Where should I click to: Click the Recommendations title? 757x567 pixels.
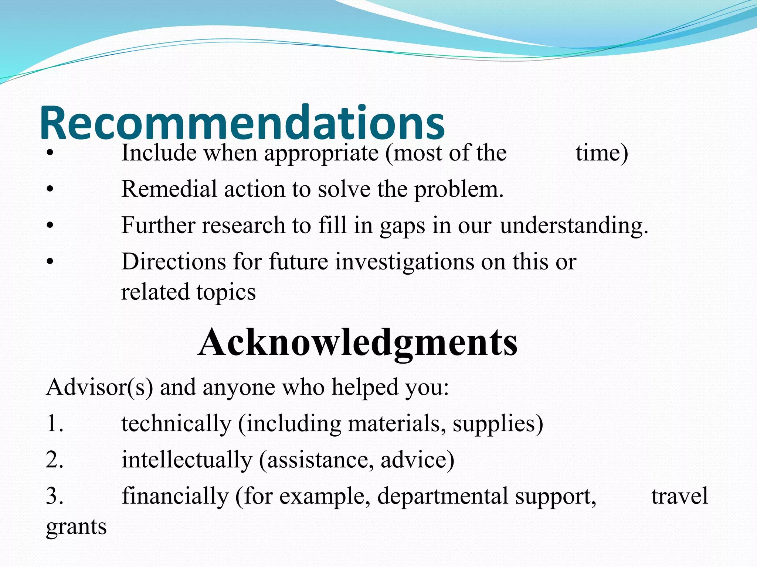[242, 123]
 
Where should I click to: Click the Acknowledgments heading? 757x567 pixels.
[358, 342]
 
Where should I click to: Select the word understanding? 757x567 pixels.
[574, 225]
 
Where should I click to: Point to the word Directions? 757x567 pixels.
[174, 262]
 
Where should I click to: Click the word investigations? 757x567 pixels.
[405, 262]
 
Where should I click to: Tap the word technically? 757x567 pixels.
[176, 423]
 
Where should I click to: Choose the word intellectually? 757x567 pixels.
[187, 460]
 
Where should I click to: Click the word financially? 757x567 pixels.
[175, 496]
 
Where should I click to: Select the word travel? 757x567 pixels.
[679, 496]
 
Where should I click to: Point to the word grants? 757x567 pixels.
[76, 527]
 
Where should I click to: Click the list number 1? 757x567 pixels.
[54, 423]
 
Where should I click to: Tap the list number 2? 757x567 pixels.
[54, 460]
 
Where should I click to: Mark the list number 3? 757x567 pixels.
[54, 496]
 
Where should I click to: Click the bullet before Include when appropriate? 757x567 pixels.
[50, 154]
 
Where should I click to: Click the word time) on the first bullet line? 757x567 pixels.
[602, 153]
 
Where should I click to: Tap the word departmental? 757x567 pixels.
[442, 496]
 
